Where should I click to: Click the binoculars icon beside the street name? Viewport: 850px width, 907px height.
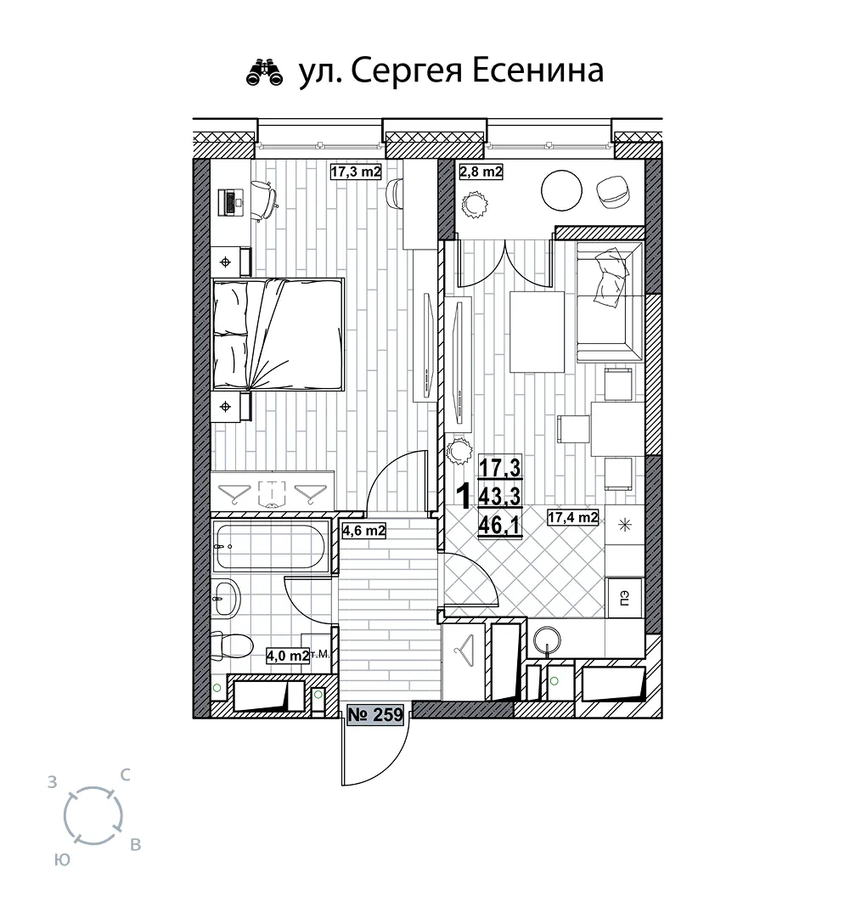coord(266,73)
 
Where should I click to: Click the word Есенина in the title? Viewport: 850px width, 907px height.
coord(538,70)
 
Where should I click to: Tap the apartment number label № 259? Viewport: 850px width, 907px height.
coord(375,715)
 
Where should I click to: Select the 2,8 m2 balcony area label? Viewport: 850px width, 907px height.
coord(481,172)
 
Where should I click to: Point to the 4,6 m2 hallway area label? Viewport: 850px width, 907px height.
coord(363,530)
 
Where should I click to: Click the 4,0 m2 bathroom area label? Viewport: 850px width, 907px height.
coord(287,656)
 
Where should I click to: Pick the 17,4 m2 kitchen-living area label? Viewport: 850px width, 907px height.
coord(572,517)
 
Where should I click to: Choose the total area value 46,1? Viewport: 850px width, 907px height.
coord(499,526)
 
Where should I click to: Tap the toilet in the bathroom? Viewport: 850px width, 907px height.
coord(231,645)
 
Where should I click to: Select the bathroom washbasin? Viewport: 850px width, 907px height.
coord(226,598)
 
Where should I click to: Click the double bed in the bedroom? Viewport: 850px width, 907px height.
coord(279,335)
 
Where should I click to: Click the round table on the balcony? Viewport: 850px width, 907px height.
coord(561,191)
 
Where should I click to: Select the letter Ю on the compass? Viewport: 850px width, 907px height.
coord(63,860)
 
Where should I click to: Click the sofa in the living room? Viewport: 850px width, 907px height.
coord(610,302)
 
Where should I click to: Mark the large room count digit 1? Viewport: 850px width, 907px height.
coord(463,496)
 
